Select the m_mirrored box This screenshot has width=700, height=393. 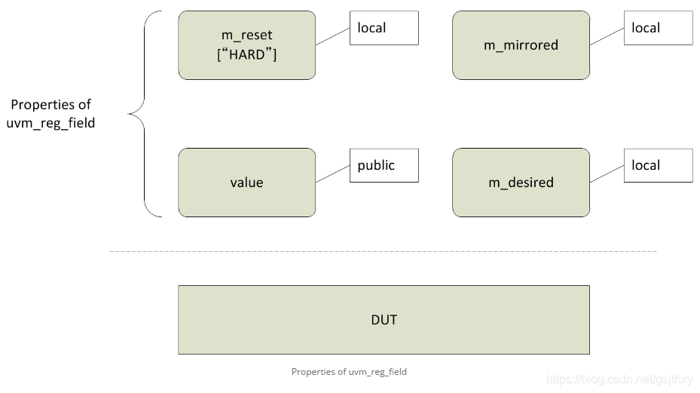521,45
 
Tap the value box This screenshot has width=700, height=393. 246,183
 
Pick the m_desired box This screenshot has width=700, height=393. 521,183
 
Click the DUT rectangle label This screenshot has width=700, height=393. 384,320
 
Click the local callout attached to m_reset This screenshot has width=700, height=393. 384,28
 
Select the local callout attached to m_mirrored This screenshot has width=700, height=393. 658,28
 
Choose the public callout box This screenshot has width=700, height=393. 384,165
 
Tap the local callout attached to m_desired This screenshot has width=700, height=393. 658,165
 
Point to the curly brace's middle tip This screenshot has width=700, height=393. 130,115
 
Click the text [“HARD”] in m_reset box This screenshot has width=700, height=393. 246,54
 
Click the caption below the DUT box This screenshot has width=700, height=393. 349,372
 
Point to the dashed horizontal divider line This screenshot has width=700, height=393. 383,251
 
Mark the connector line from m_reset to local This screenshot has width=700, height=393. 332,36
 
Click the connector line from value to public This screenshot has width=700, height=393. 332,173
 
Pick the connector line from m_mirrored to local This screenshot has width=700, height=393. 607,36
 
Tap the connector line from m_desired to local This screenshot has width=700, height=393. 607,173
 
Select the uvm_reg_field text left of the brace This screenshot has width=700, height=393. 50,123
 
